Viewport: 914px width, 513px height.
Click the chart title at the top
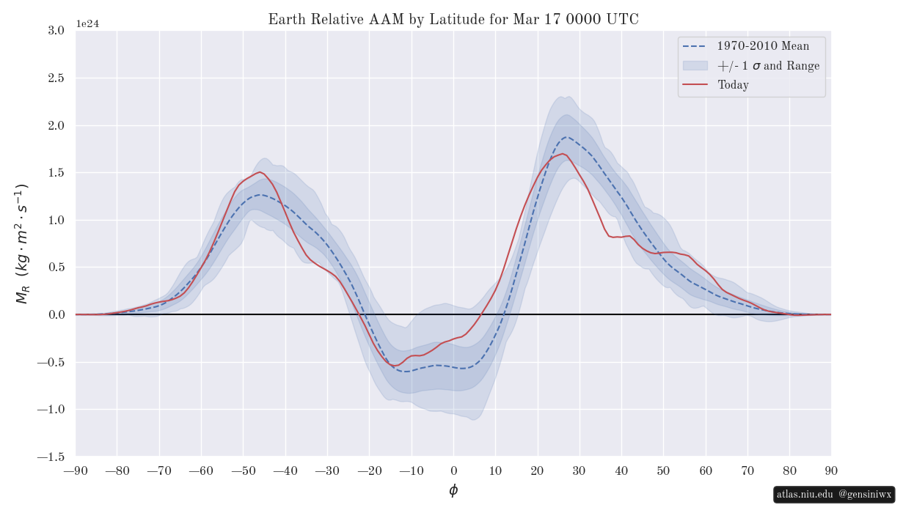point(453,20)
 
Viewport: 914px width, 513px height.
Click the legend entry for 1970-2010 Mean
point(763,46)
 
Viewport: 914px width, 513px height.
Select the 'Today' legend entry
point(733,85)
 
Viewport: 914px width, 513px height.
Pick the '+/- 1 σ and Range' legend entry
point(768,66)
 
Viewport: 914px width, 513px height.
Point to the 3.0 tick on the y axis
point(56,31)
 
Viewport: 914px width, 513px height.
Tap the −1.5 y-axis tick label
point(53,457)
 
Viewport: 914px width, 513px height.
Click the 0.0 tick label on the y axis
point(56,315)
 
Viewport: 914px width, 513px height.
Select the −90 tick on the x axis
point(76,470)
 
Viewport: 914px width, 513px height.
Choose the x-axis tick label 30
point(580,470)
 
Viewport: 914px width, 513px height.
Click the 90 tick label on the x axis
point(831,470)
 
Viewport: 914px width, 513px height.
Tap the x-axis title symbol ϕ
point(453,490)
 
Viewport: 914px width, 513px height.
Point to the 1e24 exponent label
point(87,23)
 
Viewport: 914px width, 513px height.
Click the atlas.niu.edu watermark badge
point(834,495)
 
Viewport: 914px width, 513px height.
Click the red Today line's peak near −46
point(260,172)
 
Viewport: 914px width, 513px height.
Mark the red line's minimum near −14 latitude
point(395,365)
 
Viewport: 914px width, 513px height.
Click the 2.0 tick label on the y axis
point(56,126)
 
